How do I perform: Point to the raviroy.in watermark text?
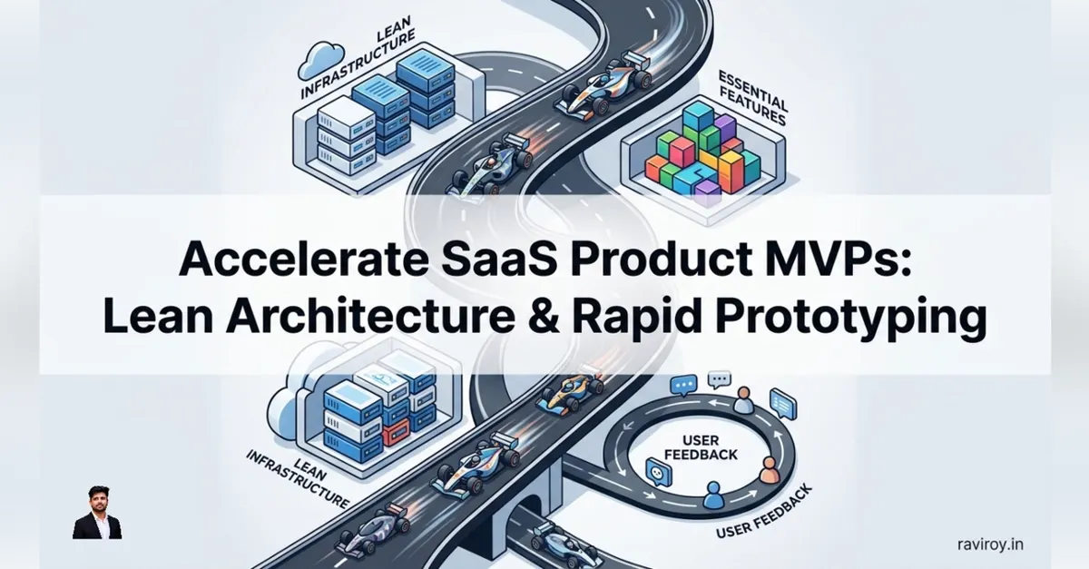pos(991,544)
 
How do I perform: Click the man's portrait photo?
pos(97,512)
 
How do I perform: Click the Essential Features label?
pos(752,99)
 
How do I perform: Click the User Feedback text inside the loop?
pos(700,447)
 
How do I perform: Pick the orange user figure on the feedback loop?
pos(768,471)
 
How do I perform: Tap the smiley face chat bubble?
pos(658,473)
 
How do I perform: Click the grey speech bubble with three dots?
pos(719,380)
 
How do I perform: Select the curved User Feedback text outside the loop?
pos(765,511)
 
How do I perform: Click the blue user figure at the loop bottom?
pos(712,495)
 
